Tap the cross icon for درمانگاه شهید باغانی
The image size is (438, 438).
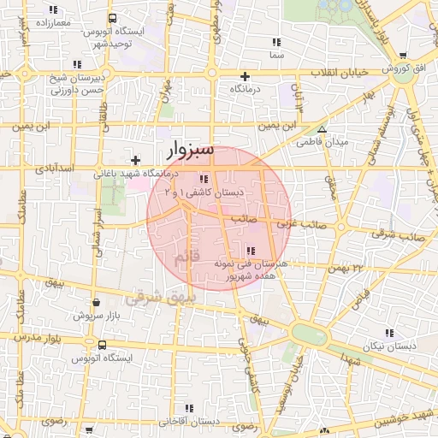[135, 160]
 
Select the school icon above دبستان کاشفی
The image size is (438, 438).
[204, 179]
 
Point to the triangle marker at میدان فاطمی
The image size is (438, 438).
[322, 129]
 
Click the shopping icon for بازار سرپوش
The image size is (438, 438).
[95, 302]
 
